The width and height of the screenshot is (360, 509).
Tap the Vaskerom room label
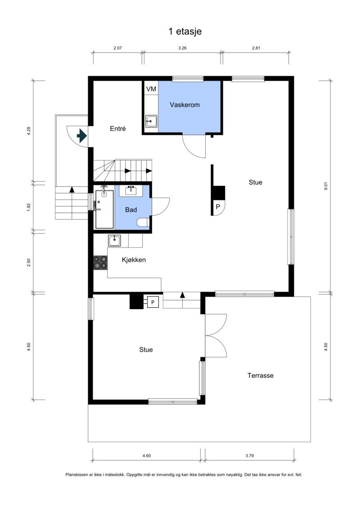tap(184, 105)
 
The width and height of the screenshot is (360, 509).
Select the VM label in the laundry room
tap(151, 89)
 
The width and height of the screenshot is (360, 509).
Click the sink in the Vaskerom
tap(151, 121)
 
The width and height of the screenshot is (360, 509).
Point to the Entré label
tap(118, 129)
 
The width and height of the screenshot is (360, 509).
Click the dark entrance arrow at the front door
tap(82, 135)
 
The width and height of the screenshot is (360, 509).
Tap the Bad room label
tap(131, 210)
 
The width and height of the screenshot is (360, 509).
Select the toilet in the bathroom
tap(143, 222)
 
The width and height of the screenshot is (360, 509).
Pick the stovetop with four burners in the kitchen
tap(100, 262)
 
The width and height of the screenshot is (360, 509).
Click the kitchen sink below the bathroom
tap(114, 241)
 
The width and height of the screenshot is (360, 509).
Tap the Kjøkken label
tap(134, 260)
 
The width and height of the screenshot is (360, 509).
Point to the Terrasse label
tap(260, 375)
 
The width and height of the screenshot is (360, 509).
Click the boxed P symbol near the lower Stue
tap(153, 302)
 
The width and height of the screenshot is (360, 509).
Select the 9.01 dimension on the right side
tap(326, 186)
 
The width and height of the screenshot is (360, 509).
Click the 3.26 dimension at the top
tap(182, 47)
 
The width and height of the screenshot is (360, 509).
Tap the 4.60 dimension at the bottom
tap(146, 456)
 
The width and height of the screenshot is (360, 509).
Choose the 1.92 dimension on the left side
tap(29, 207)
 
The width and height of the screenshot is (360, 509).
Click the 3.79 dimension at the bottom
tap(250, 456)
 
